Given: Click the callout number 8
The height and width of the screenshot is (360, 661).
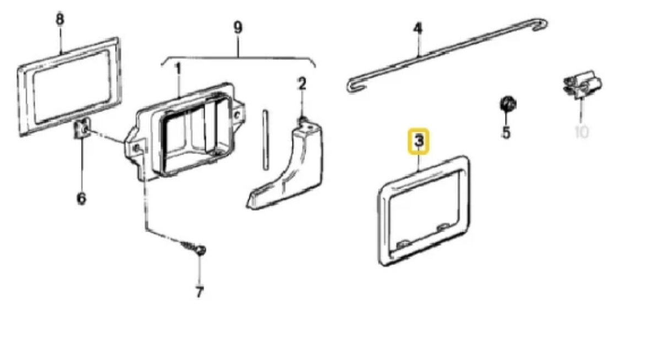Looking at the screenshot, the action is click(59, 19).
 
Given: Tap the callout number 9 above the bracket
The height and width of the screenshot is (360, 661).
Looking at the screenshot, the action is click(238, 28).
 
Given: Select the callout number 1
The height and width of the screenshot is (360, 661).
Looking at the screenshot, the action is click(178, 69).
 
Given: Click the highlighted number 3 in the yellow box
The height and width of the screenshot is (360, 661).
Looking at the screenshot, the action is click(419, 140).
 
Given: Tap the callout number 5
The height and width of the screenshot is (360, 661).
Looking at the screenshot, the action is click(506, 132).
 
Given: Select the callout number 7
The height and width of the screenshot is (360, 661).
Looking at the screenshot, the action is click(199, 292).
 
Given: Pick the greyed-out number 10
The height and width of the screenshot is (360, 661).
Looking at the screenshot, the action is click(582, 132).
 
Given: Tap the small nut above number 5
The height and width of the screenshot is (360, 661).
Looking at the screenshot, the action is click(508, 104).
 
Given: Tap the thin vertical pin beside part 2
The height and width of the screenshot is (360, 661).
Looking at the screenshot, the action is click(266, 140).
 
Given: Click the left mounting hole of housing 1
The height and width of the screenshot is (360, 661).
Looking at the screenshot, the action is click(137, 148).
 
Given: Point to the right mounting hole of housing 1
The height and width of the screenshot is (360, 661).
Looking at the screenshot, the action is click(237, 114).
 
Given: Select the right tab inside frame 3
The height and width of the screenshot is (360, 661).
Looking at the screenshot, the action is click(443, 227).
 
